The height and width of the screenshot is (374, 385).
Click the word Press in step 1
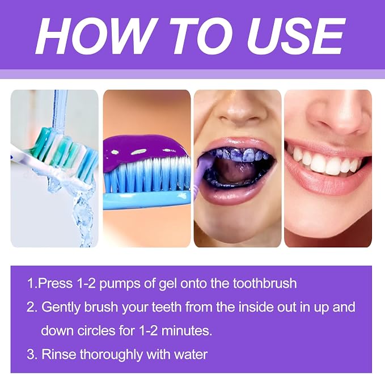[56, 283]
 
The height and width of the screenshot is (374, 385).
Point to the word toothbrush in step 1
[265, 283]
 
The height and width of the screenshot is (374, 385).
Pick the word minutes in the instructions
[187, 331]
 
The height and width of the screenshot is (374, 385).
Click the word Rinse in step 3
[58, 354]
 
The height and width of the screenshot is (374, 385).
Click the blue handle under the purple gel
[147, 200]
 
